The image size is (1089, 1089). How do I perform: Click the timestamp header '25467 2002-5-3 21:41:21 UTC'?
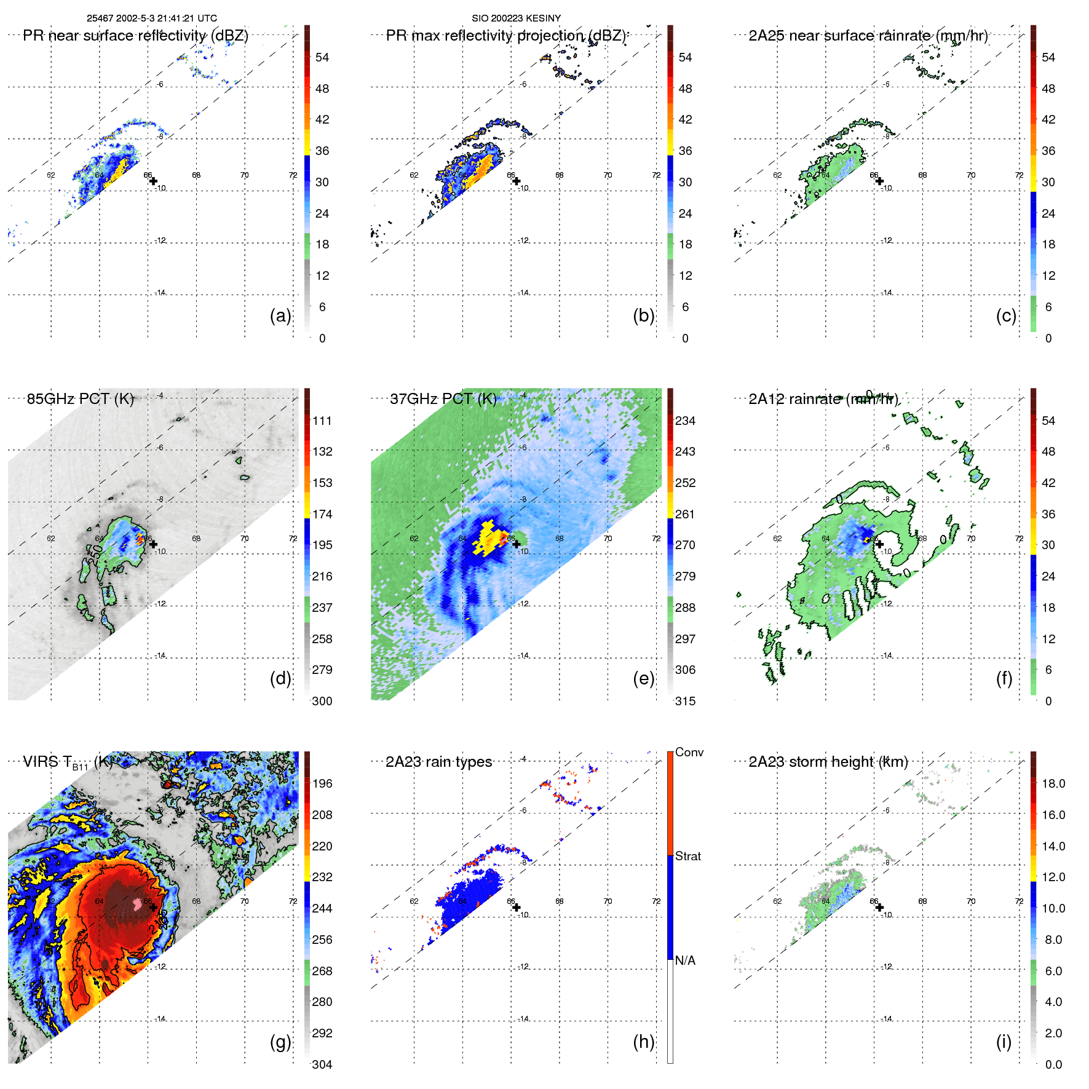[x=151, y=18]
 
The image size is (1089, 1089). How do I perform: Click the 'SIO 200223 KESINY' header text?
[x=516, y=18]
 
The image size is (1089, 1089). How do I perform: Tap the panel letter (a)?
[x=280, y=315]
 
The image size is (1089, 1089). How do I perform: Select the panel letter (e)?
[x=643, y=678]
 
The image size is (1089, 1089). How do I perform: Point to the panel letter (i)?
[x=1004, y=1042]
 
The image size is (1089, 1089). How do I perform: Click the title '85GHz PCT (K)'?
[x=80, y=398]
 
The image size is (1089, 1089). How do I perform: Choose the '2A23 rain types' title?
[x=438, y=762]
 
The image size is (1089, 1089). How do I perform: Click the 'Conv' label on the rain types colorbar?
[x=689, y=752]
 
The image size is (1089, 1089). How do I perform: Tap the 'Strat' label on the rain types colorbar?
[x=687, y=856]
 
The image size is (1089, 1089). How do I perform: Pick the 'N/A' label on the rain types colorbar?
[x=685, y=960]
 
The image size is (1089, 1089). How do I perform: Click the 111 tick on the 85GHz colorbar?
[x=322, y=421]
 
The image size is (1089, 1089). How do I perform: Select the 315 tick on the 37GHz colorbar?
[x=685, y=701]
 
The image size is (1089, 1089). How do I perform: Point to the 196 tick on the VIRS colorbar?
[x=322, y=783]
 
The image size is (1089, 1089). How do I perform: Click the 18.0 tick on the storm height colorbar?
[x=1053, y=783]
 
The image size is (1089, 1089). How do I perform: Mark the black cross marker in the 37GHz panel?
[x=517, y=544]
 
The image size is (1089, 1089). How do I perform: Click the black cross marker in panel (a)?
[x=153, y=181]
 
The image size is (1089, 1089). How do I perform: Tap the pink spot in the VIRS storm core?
[x=137, y=903]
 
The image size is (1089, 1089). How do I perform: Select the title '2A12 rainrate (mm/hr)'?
[x=823, y=399]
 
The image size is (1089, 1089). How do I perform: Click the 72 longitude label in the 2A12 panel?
[x=1019, y=539]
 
